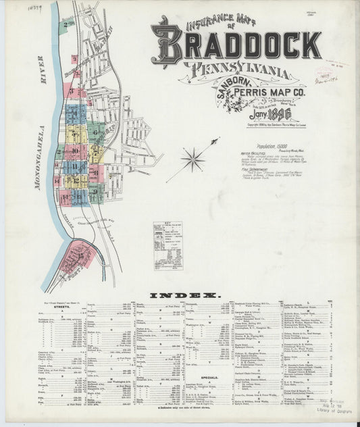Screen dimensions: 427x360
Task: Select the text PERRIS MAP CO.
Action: coord(277,91)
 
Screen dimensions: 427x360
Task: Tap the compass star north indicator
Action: coord(194,159)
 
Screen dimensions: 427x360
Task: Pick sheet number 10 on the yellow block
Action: coord(75,150)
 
